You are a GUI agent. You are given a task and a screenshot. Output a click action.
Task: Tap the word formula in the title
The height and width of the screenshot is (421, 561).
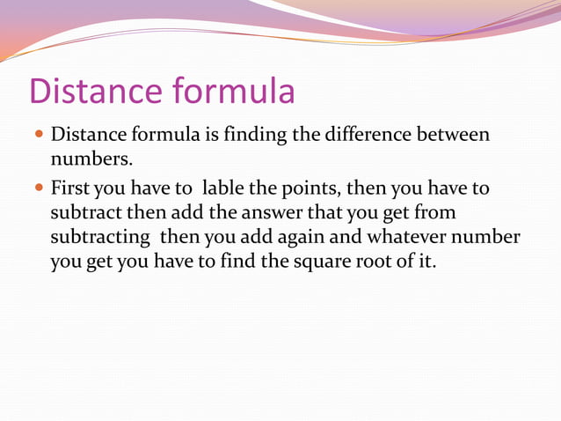click(x=234, y=92)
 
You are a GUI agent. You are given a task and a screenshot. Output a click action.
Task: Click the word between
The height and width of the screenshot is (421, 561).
click(x=452, y=137)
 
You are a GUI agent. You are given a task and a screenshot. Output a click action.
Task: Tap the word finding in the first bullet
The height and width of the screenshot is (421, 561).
click(x=253, y=137)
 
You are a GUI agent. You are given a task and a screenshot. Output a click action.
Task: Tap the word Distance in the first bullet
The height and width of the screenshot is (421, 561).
click(x=88, y=137)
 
